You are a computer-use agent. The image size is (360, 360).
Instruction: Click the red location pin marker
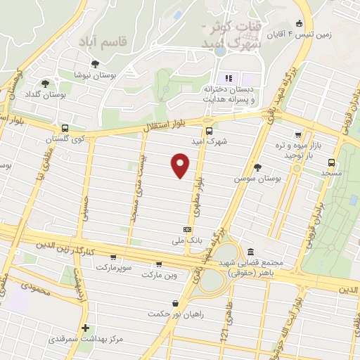click(x=181, y=166)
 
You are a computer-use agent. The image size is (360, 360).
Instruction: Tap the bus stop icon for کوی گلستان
click(x=65, y=129)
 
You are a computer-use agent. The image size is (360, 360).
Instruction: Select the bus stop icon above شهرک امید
click(x=209, y=130)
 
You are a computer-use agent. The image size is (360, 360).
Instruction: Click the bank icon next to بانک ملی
click(x=187, y=229)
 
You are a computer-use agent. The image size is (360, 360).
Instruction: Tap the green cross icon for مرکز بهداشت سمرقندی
click(x=85, y=328)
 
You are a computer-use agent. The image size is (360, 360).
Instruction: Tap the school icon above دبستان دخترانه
click(x=228, y=77)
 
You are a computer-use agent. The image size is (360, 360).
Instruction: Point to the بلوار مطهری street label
click(x=195, y=198)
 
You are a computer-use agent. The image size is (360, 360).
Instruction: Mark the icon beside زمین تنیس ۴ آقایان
click(x=299, y=22)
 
